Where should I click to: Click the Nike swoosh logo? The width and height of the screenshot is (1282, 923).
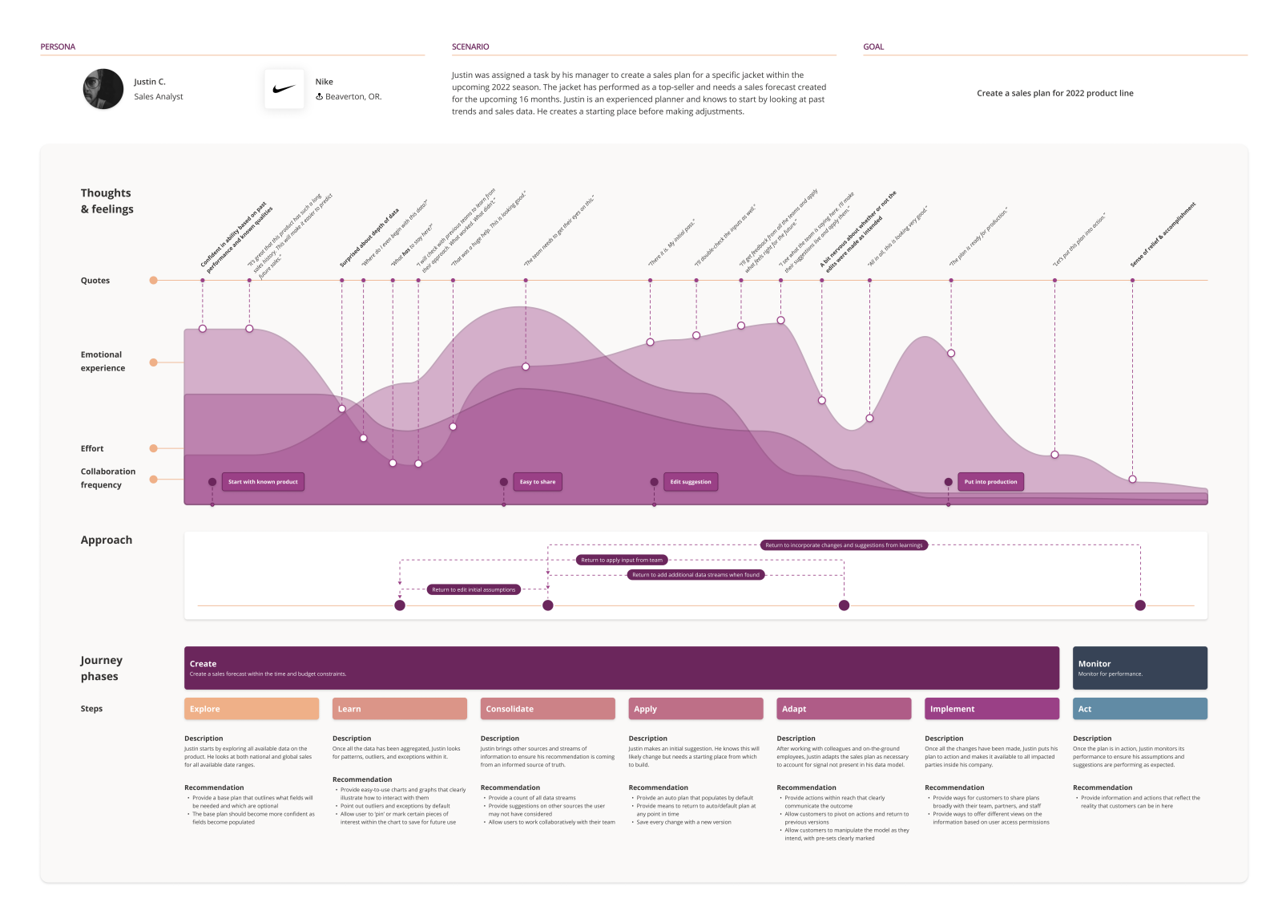point(284,89)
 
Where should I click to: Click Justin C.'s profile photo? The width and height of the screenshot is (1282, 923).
point(103,89)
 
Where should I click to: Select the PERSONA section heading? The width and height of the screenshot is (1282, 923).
point(58,47)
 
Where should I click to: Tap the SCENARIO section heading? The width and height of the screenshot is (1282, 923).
point(470,47)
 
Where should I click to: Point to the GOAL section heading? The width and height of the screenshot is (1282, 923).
point(873,47)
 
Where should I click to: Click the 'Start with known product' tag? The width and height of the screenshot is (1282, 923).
point(263,482)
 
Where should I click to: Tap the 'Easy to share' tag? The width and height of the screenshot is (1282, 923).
point(538,482)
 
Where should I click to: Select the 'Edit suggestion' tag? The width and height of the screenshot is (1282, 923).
point(691,482)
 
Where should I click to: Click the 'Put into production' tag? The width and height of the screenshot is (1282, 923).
point(990,482)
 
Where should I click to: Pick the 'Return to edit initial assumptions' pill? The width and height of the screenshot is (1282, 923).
point(474,589)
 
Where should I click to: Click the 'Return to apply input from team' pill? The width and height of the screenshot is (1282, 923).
point(622,560)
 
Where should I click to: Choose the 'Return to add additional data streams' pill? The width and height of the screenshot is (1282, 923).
point(695,575)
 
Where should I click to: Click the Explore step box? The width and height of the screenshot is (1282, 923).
point(252,709)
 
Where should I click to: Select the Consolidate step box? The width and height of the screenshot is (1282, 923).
point(547,709)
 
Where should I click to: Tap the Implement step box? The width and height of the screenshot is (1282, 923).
point(991,709)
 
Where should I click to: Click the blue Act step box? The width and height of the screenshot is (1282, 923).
point(1139,709)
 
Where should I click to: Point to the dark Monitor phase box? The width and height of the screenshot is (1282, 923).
point(1139,668)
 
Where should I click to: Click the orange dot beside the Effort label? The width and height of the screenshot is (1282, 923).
point(153,448)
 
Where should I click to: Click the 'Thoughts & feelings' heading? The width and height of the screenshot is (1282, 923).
point(107,200)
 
